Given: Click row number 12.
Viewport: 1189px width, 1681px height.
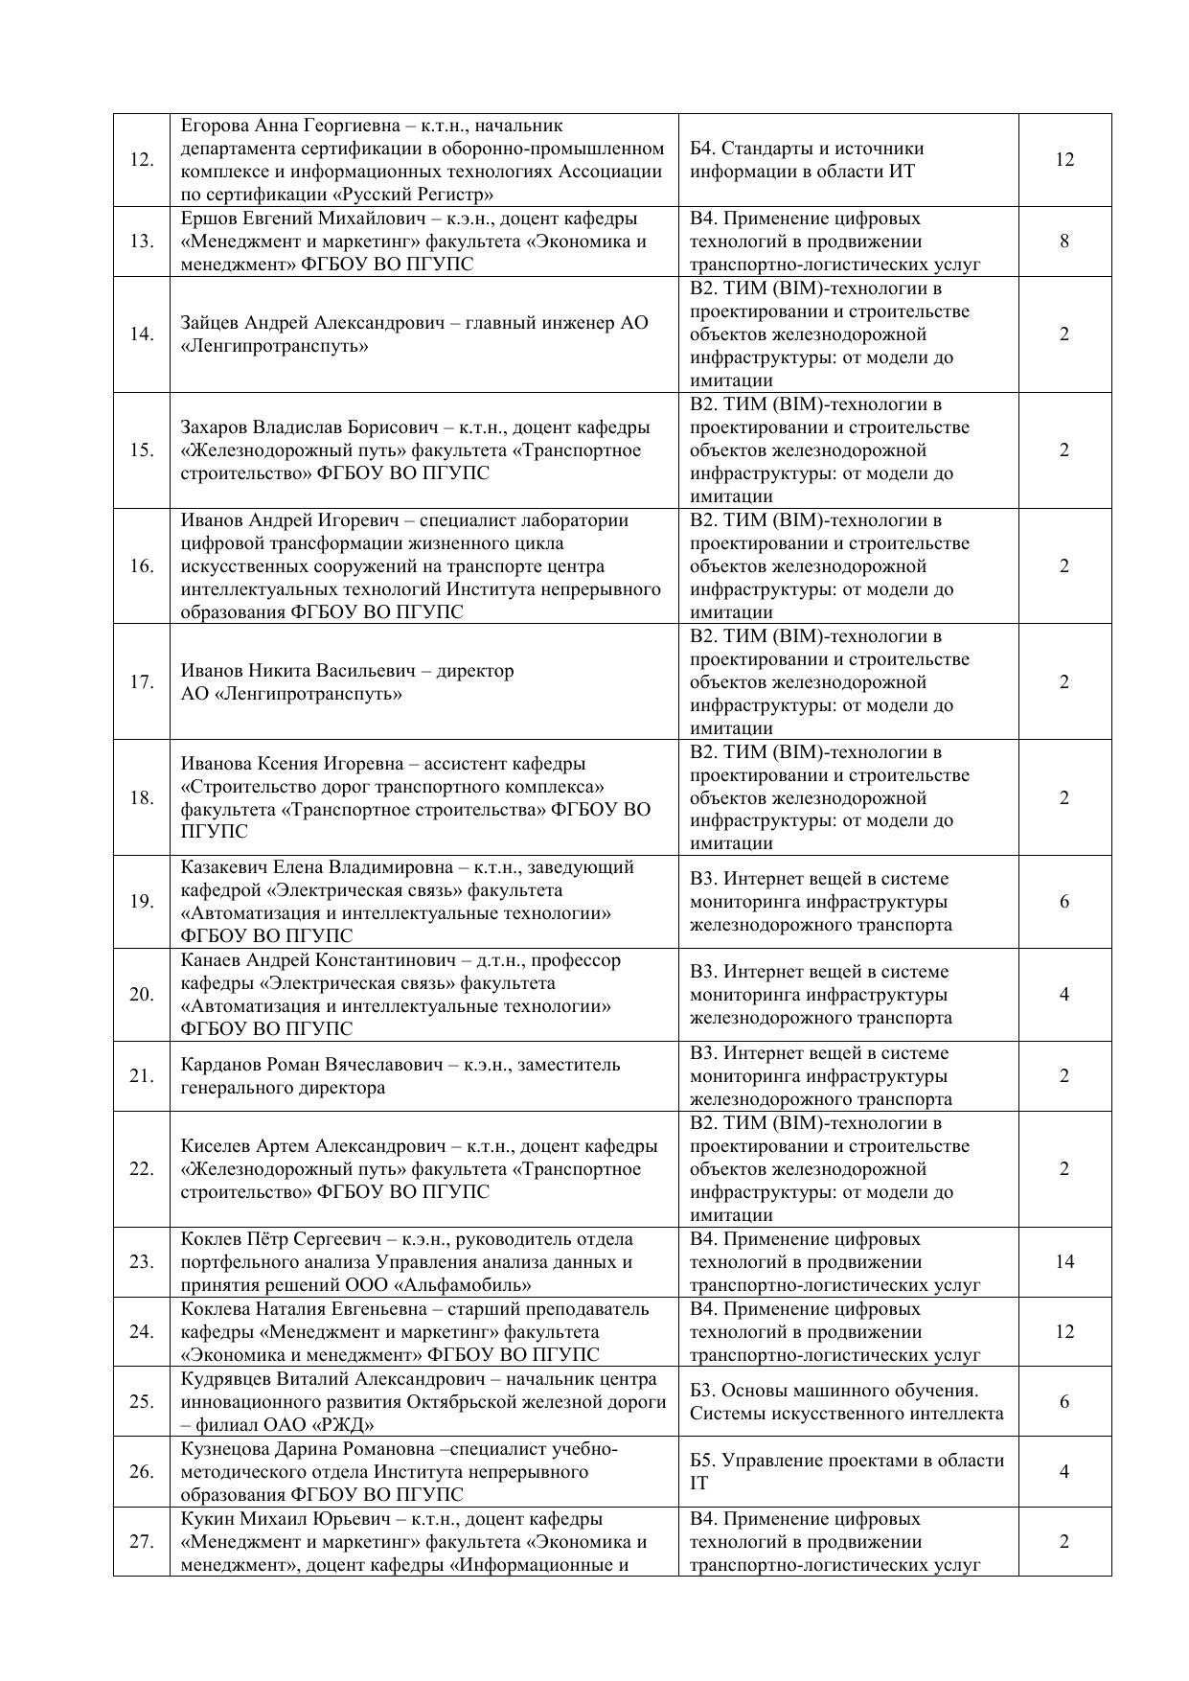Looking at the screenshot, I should pos(142,160).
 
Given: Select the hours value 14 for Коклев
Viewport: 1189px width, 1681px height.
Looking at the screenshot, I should pos(1064,1261).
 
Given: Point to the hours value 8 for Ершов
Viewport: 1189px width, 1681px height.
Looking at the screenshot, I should pos(1064,241).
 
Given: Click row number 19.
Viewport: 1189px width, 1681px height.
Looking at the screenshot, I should pos(142,901).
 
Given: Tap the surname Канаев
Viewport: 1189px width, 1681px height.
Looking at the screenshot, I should pos(211,960).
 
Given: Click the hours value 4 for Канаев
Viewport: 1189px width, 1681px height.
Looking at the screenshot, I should pos(1064,994).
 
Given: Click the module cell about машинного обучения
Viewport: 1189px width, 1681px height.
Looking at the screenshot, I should pos(847,1401).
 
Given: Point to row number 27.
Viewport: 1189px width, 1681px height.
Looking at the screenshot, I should pos(142,1541).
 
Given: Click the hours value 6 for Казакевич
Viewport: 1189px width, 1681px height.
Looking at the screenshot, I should pos(1064,901).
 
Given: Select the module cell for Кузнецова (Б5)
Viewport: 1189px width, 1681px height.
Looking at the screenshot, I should pos(847,1471).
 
